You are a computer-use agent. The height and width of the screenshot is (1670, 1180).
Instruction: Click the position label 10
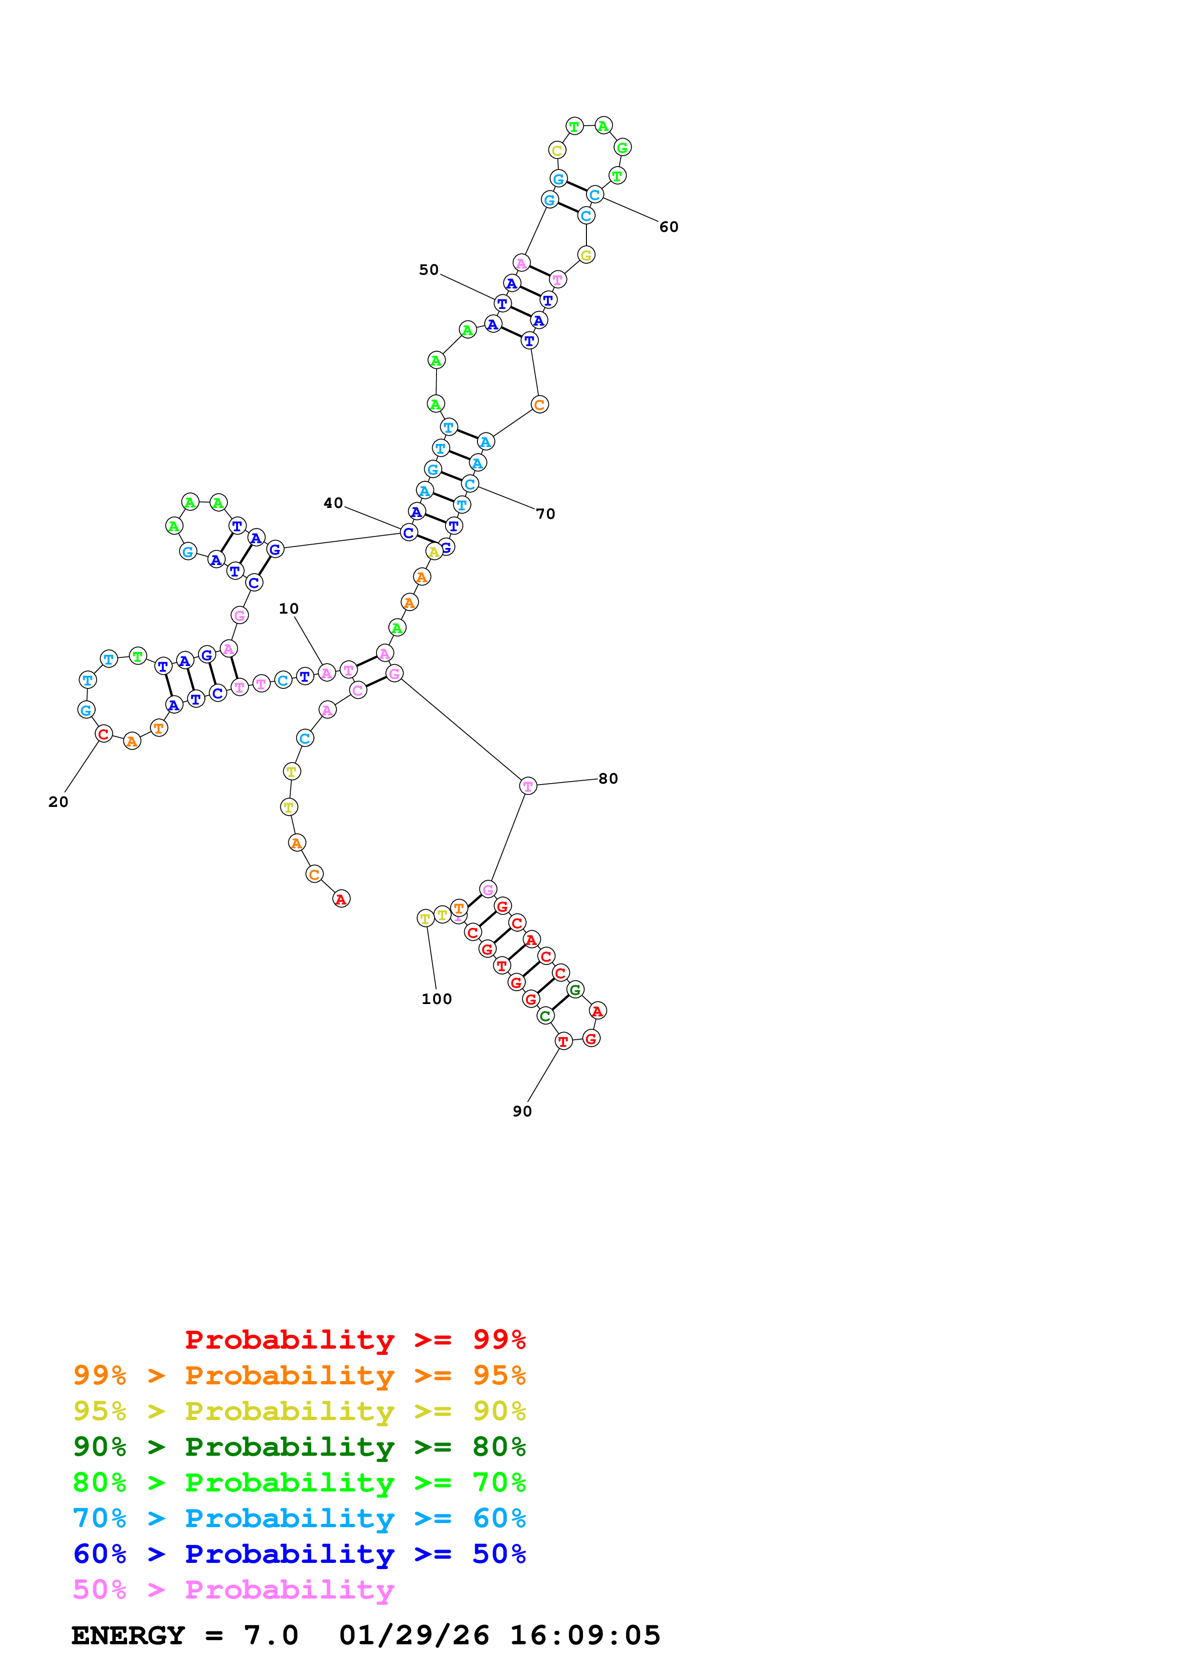pos(288,609)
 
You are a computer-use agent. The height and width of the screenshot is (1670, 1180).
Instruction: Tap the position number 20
pos(58,802)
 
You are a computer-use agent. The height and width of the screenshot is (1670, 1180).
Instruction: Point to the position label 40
pos(333,503)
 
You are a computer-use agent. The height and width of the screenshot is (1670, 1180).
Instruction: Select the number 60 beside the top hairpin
pos(669,227)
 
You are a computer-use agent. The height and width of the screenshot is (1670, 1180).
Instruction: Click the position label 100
pos(436,999)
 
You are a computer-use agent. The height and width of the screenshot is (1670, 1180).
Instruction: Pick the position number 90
pos(522,1112)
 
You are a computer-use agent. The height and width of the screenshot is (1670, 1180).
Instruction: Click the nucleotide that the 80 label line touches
pos(528,785)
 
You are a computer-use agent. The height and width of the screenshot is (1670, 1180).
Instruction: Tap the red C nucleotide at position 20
pos(104,734)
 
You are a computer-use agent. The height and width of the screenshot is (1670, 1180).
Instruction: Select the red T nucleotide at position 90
pos(564,1042)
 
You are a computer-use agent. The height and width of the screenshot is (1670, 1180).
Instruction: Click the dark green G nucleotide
pos(575,989)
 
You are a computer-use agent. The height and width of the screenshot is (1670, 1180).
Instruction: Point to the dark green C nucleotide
pos(545,1016)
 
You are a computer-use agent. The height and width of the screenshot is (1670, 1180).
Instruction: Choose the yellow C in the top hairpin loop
pos(557,150)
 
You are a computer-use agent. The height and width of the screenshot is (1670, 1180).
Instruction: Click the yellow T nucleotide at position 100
pos(426,919)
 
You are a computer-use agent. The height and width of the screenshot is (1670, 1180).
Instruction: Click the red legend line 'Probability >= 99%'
pos(355,1340)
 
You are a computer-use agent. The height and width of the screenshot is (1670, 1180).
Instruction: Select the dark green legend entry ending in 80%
pos(299,1447)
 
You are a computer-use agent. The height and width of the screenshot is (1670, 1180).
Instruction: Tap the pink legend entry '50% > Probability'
pos(233,1590)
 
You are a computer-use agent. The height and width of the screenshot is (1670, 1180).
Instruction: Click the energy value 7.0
pos(270,1636)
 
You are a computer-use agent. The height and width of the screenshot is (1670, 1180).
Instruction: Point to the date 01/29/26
pos(414,1636)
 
